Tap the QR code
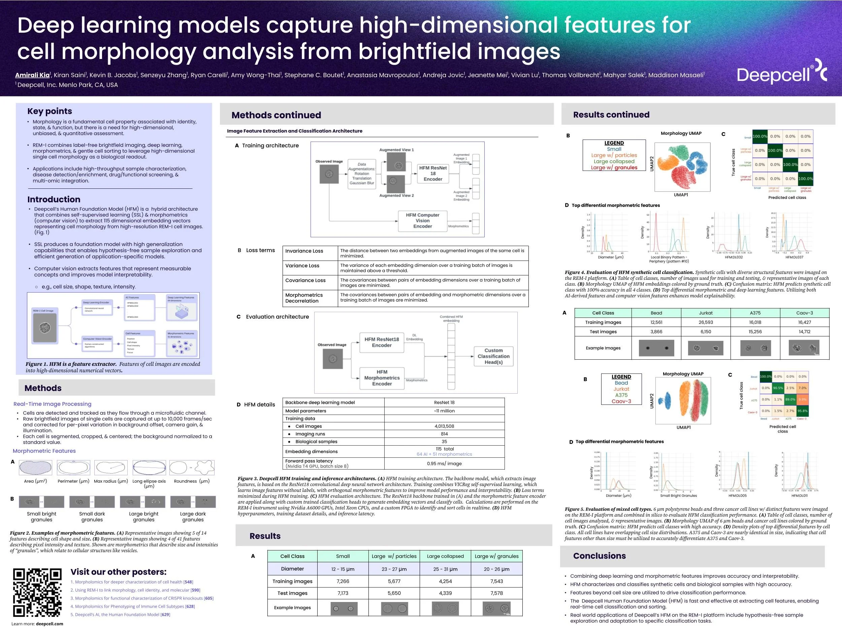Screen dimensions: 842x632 point(37,592)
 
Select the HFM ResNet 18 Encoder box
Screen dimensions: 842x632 point(433,173)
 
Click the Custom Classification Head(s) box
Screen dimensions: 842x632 point(493,356)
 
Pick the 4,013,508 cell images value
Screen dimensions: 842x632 point(444,426)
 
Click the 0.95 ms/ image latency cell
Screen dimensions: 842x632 point(444,463)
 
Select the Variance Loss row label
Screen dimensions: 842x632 point(302,266)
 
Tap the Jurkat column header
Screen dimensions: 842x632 point(705,313)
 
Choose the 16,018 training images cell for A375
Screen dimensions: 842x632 point(755,322)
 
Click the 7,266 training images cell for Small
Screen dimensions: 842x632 point(343,581)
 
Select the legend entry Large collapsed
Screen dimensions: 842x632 point(614,161)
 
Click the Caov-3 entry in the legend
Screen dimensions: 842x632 point(621,401)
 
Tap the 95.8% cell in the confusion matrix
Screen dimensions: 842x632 point(802,411)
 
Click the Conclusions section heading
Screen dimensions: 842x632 point(599,556)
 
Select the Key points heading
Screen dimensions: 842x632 point(50,111)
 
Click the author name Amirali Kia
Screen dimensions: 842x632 point(32,75)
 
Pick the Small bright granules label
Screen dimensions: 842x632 point(41,517)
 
